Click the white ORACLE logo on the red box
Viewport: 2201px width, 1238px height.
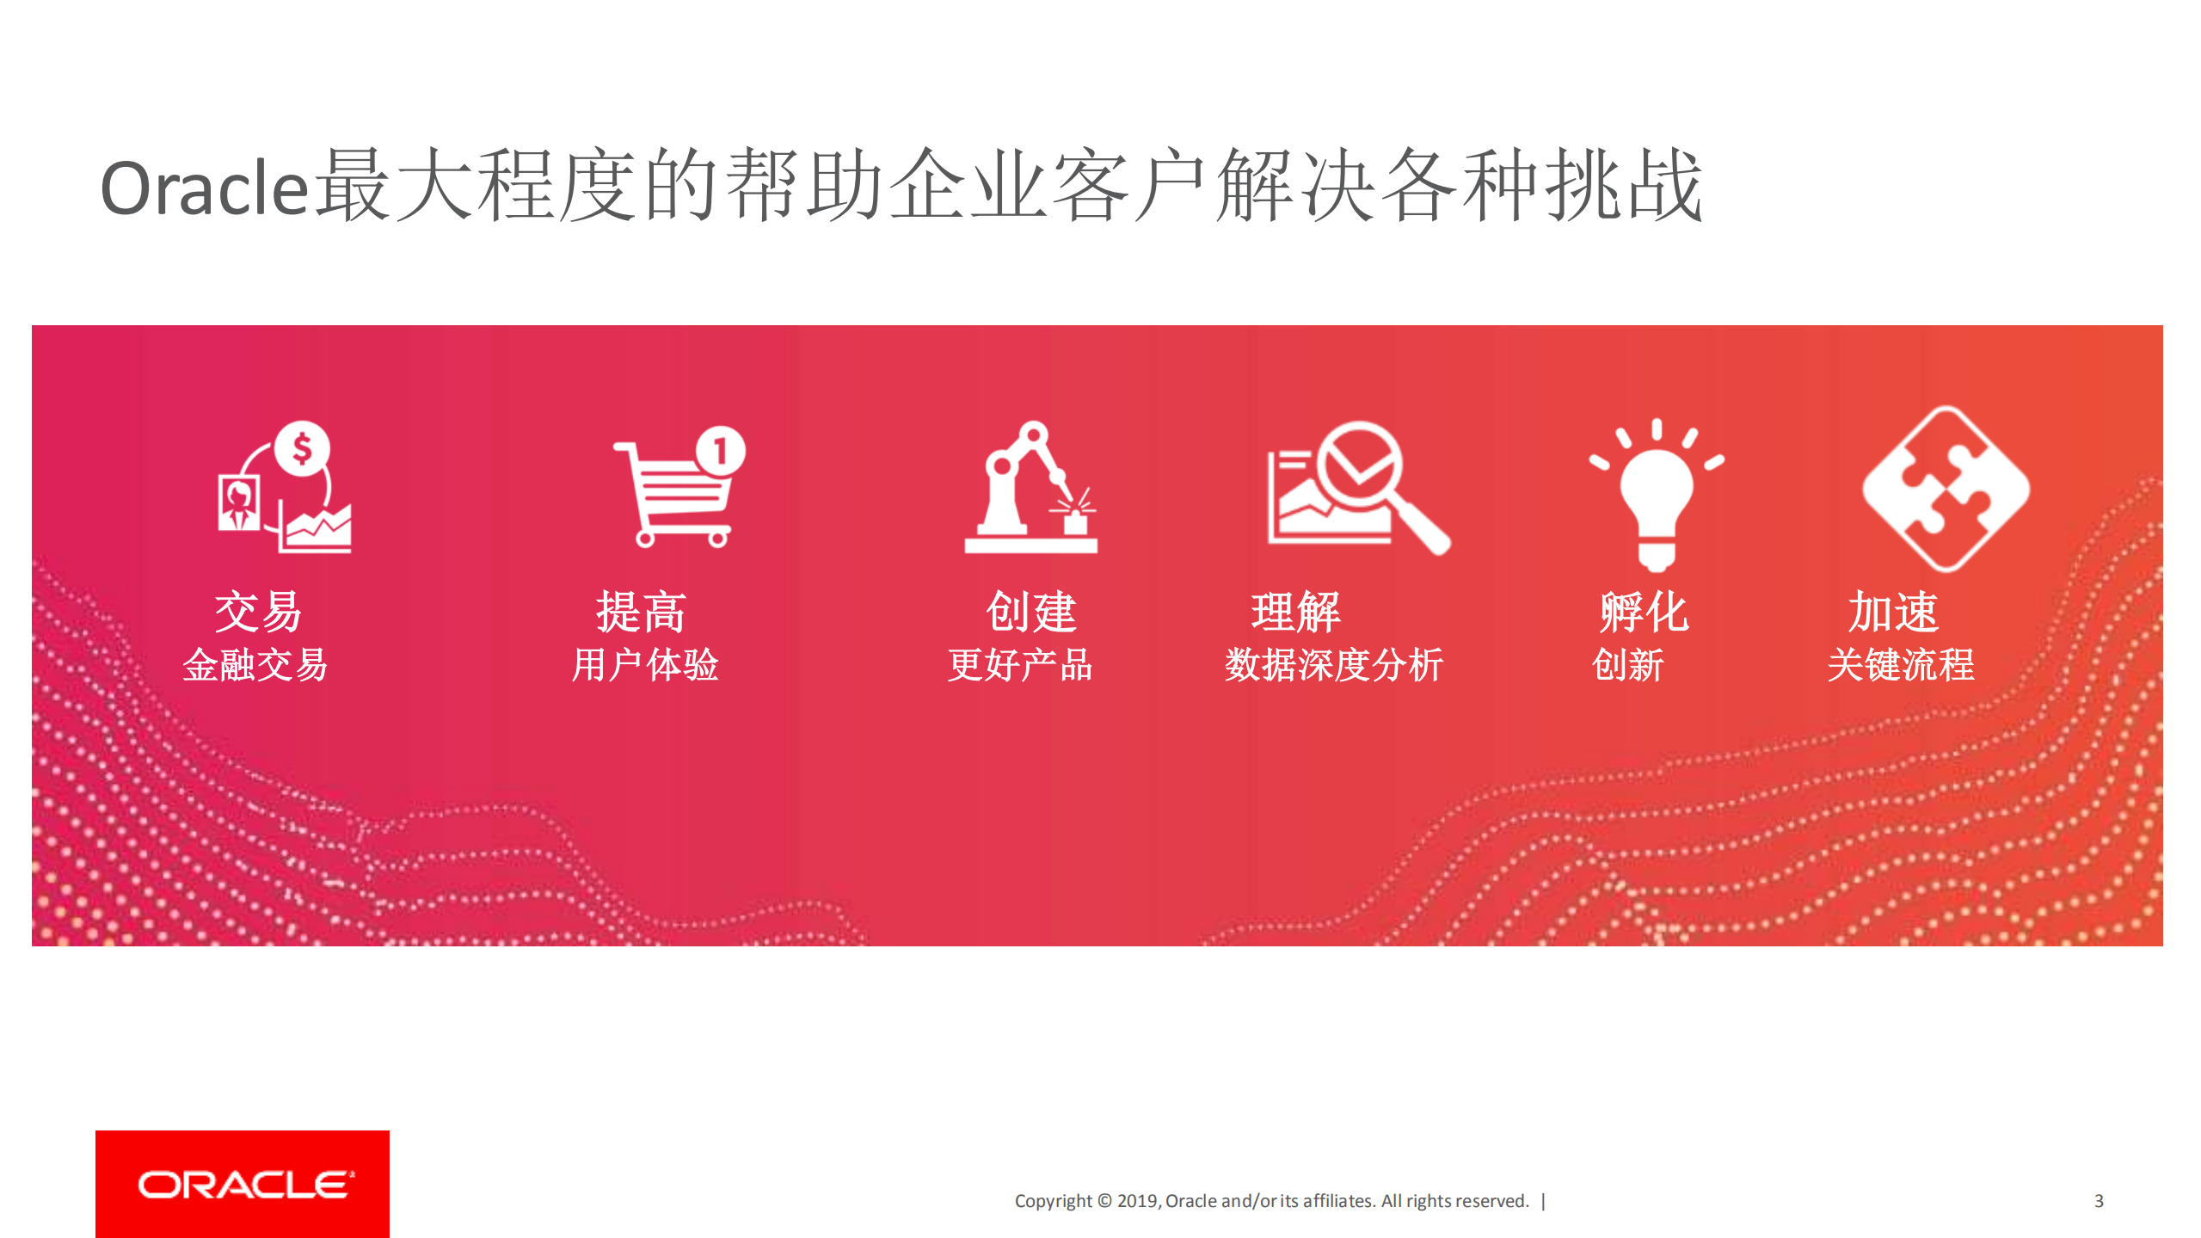click(x=244, y=1184)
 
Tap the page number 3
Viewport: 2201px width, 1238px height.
click(x=2099, y=1200)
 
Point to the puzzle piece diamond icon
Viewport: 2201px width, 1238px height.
click(x=1946, y=489)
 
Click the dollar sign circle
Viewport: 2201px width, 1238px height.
click(x=302, y=448)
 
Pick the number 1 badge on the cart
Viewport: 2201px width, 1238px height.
click(x=721, y=450)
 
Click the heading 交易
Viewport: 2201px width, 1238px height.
click(x=258, y=612)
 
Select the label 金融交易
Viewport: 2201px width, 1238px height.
click(x=255, y=665)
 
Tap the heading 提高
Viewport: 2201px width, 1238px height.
click(x=642, y=612)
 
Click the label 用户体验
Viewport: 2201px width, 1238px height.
click(x=645, y=665)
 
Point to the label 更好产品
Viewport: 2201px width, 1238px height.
click(x=1020, y=665)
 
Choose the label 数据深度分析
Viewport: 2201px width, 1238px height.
click(x=1334, y=665)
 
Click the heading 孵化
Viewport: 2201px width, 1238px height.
click(x=1644, y=612)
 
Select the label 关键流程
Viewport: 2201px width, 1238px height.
click(x=1901, y=665)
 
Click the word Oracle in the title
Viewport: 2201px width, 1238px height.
click(x=204, y=188)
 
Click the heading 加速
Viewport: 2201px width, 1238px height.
click(x=1893, y=612)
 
